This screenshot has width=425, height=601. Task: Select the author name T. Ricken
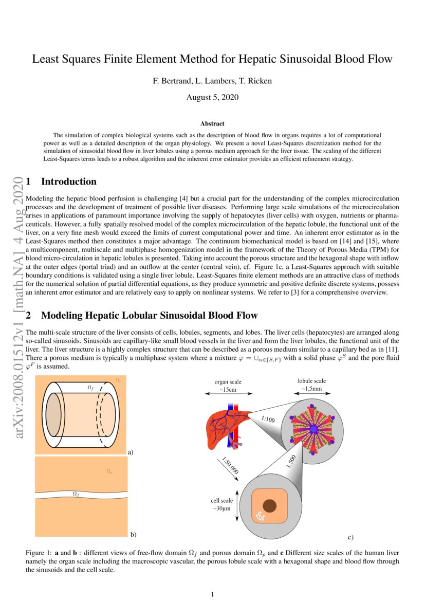click(257, 81)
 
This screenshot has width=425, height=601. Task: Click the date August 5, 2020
click(212, 97)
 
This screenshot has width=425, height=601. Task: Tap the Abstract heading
click(212, 123)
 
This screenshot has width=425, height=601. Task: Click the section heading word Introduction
click(68, 181)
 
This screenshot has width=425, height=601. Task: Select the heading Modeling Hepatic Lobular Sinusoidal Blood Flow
click(149, 315)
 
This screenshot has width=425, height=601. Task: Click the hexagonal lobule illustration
click(312, 428)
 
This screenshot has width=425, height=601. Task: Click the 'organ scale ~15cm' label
click(228, 386)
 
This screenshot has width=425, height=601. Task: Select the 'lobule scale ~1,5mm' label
click(312, 385)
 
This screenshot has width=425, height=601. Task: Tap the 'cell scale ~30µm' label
click(222, 504)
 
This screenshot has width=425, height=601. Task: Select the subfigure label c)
click(350, 537)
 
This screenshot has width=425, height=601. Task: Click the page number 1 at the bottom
click(212, 594)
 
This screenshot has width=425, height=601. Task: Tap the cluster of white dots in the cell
click(261, 515)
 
